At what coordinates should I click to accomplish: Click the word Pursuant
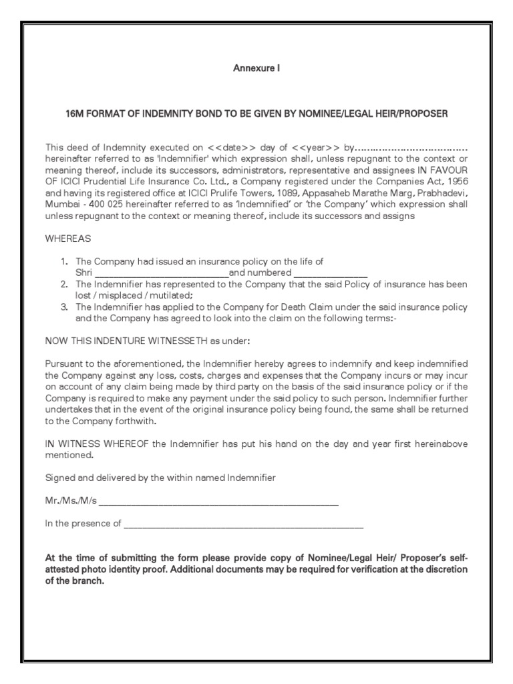pyautogui.click(x=65, y=363)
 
